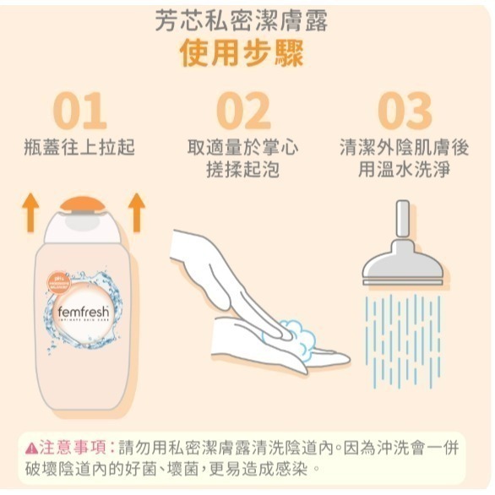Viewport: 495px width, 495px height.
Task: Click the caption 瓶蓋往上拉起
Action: pyautogui.click(x=79, y=148)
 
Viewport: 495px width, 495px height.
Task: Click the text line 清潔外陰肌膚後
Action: pyautogui.click(x=404, y=148)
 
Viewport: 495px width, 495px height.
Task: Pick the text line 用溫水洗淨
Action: pyautogui.click(x=404, y=170)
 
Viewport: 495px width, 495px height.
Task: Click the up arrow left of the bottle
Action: pyautogui.click(x=30, y=212)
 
